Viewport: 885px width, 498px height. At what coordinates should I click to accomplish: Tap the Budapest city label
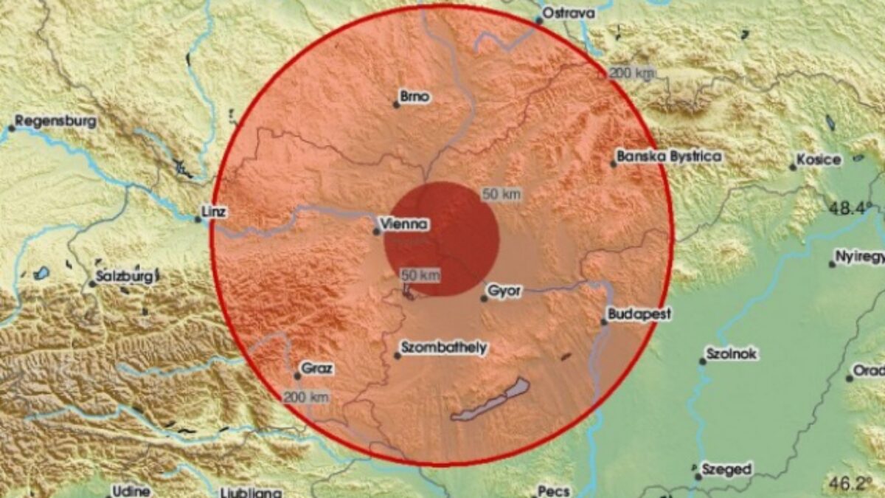(639, 314)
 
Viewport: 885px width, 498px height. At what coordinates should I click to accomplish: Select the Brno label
(414, 96)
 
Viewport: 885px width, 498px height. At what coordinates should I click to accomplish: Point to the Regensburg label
(55, 121)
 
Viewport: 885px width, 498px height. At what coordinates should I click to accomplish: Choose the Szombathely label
(442, 347)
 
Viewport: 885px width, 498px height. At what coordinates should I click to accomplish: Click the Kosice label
(819, 159)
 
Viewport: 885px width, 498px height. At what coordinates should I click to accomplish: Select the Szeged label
(727, 469)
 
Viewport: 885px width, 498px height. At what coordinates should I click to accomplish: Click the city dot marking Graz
(297, 376)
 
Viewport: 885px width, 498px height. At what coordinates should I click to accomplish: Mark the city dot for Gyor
(484, 298)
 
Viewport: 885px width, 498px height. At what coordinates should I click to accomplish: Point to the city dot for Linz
(197, 219)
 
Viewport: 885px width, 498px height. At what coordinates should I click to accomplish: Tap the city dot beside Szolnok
(702, 362)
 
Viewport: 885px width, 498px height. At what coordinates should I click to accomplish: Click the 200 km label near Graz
(306, 398)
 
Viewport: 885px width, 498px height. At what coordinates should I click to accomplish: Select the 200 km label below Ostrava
(631, 73)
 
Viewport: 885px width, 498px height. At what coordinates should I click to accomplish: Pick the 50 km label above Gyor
(502, 195)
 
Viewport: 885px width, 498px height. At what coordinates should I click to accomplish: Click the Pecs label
(554, 490)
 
